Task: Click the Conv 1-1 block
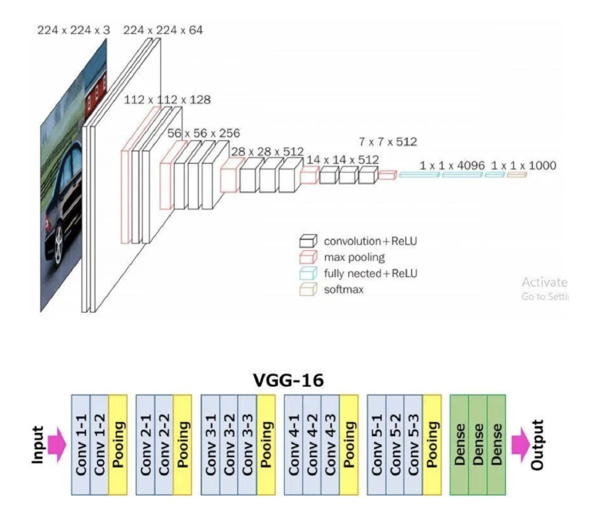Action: (x=81, y=445)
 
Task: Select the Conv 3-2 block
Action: (x=229, y=445)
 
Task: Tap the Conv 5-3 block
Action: (x=413, y=445)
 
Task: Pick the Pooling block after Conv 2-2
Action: (x=182, y=445)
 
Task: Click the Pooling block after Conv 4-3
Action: (x=349, y=445)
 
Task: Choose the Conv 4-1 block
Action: (x=293, y=445)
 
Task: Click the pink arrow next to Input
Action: (x=56, y=445)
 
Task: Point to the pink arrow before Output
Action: (x=521, y=445)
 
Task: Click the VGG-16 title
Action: (x=288, y=380)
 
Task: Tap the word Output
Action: (x=537, y=445)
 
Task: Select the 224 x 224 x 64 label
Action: (x=163, y=30)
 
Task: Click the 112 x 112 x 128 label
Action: (x=167, y=99)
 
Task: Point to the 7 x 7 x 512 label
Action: (x=388, y=142)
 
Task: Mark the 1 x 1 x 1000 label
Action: (x=524, y=166)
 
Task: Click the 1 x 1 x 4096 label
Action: (x=452, y=166)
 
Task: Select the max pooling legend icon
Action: (x=308, y=257)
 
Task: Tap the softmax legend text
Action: (x=343, y=290)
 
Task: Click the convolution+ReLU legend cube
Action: (x=308, y=241)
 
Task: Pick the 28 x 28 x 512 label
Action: (x=267, y=151)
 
